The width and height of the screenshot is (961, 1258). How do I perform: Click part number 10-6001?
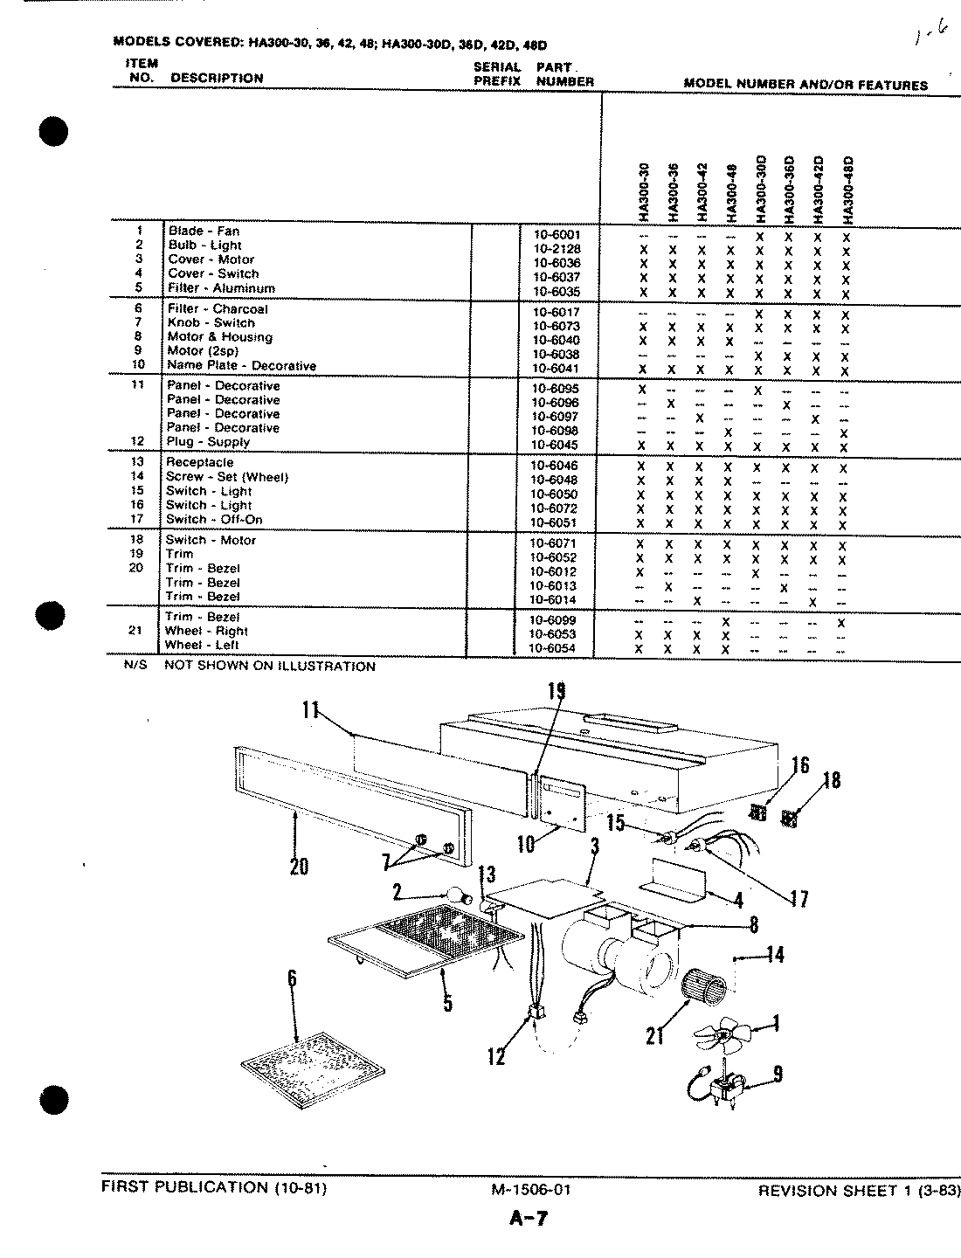click(556, 234)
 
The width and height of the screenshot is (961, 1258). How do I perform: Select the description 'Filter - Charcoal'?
click(218, 309)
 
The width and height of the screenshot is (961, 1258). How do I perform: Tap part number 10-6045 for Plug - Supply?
click(555, 446)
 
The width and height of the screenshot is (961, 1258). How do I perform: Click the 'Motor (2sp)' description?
click(203, 351)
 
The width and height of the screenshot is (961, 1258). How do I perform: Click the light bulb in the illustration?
click(456, 895)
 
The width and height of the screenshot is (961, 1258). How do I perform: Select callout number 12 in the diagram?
click(496, 1057)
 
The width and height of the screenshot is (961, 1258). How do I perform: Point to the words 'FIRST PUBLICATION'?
click(184, 1187)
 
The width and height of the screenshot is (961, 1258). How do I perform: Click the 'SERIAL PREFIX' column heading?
click(497, 74)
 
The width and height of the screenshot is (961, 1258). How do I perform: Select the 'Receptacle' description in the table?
click(200, 462)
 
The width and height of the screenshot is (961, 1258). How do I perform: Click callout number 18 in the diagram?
click(831, 780)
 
